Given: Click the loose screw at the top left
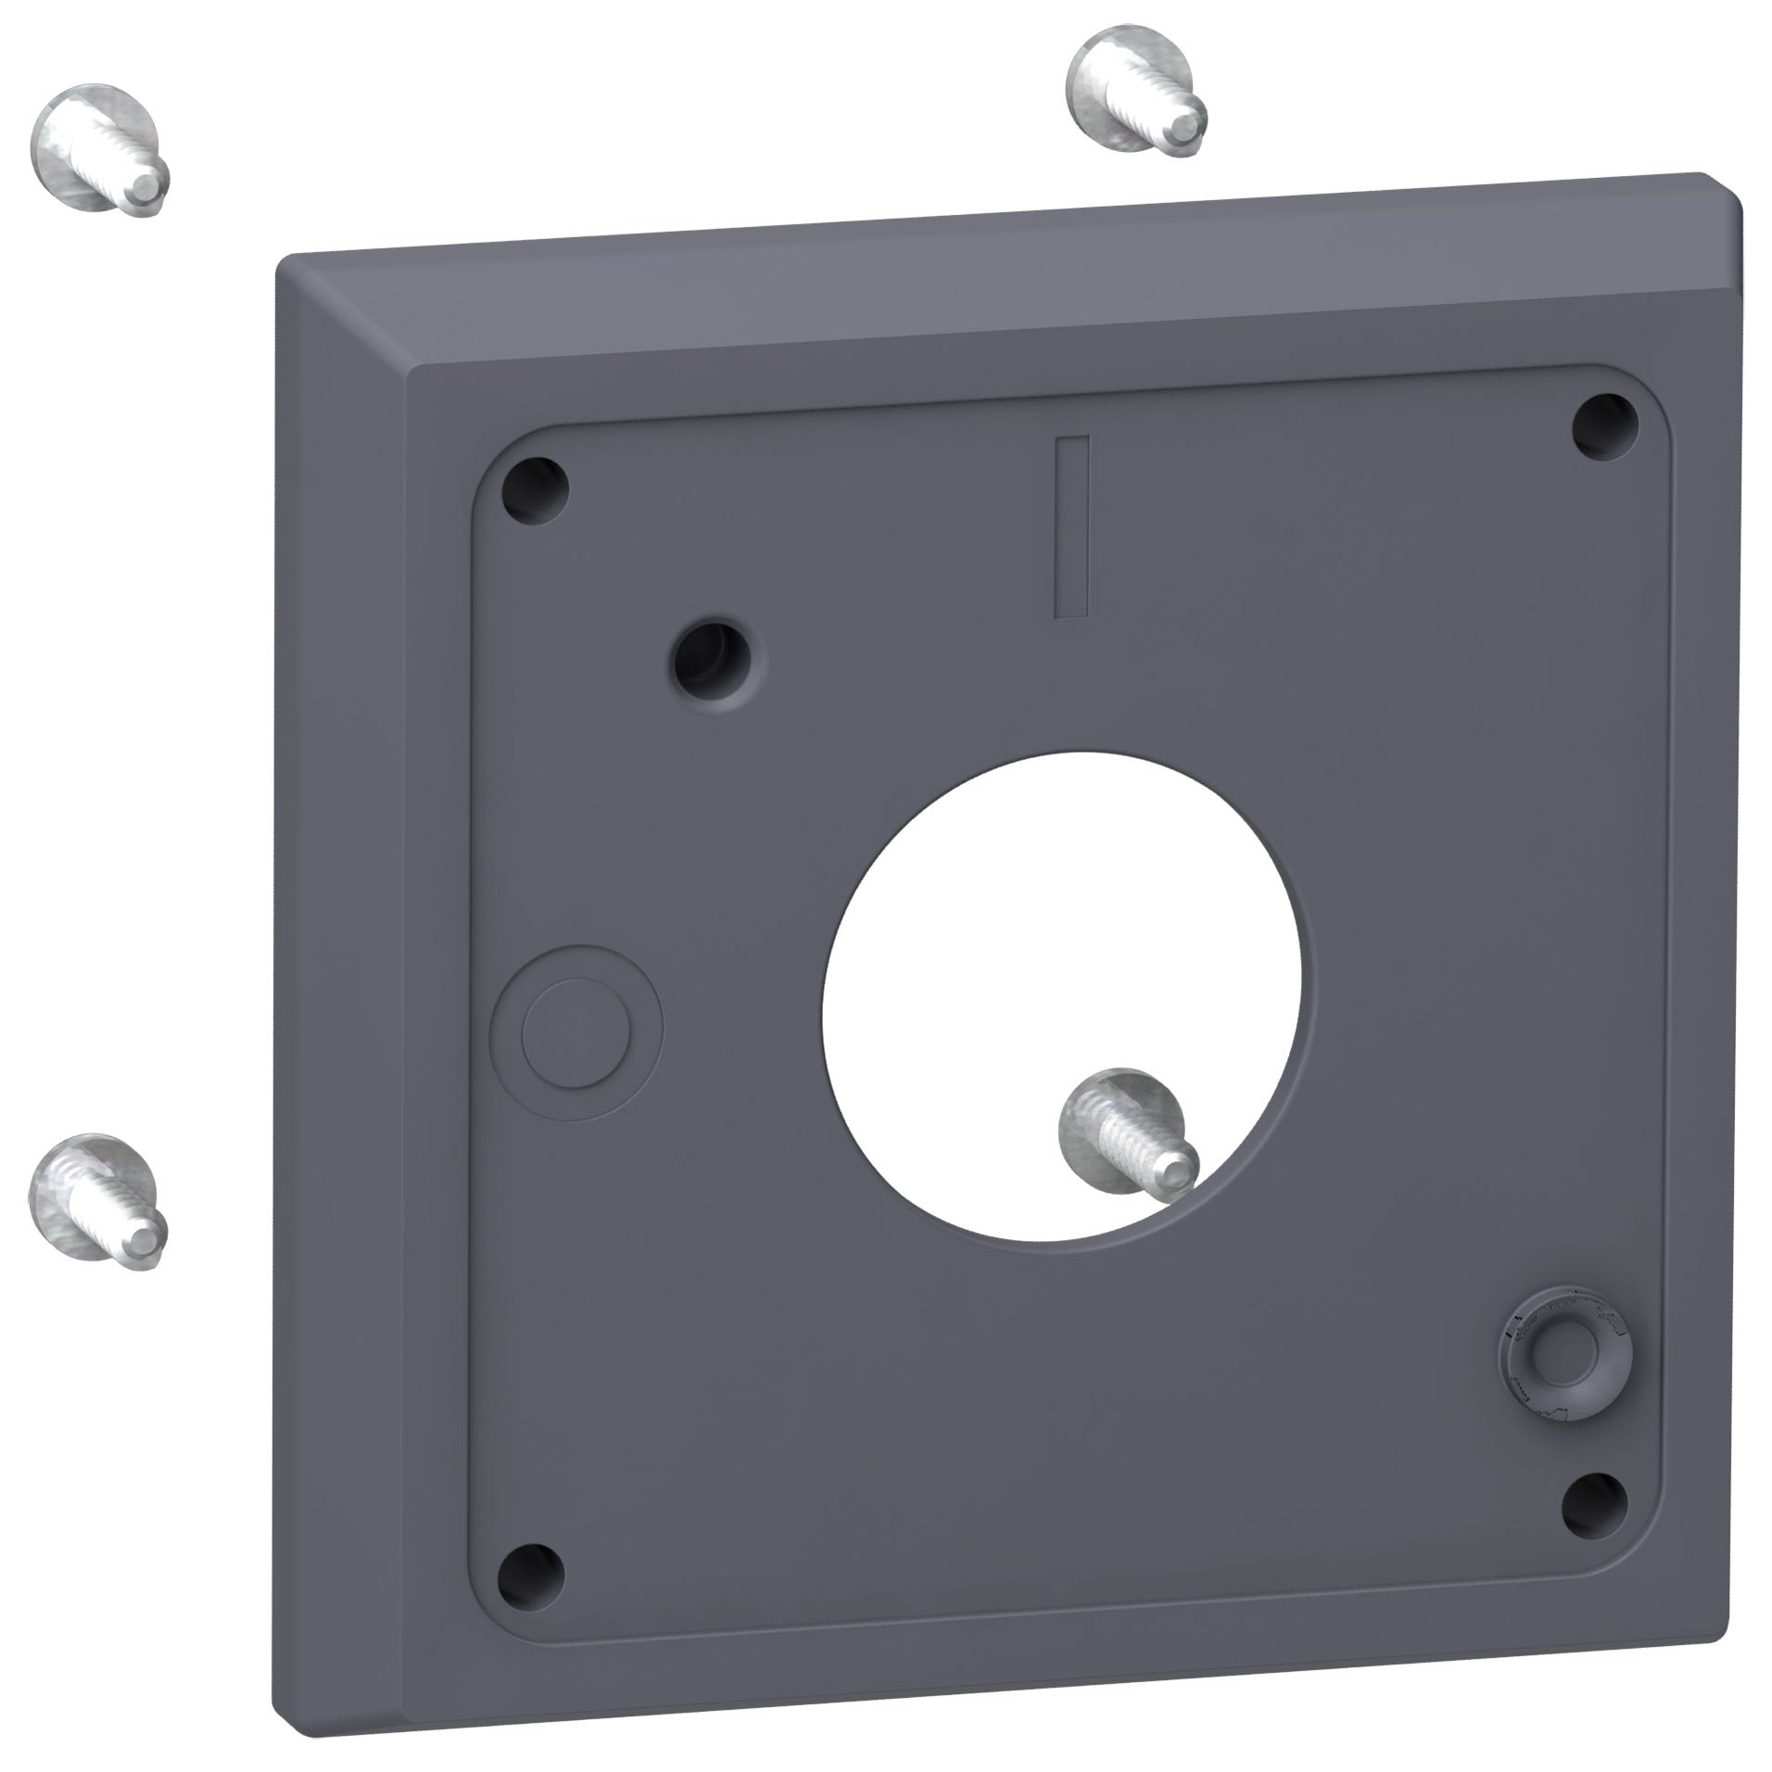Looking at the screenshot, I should pyautogui.click(x=100, y=150).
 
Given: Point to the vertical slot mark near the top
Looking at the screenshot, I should pyautogui.click(x=1073, y=526).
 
